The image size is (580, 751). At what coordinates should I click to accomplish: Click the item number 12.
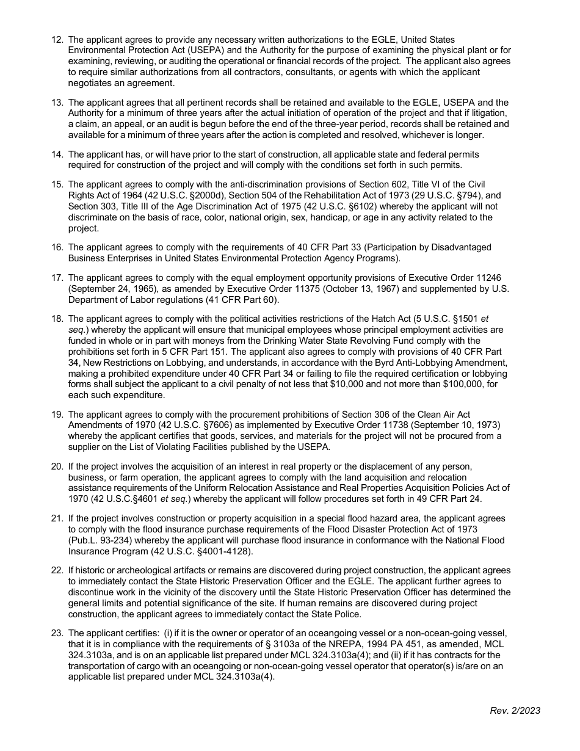pos(57,40)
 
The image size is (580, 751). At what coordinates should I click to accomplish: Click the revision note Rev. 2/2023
pos(515,711)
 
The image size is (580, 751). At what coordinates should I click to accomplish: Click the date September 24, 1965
pos(111,288)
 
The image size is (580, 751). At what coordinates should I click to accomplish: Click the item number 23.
pos(57,633)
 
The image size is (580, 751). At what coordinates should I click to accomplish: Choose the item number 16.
pos(57,247)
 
